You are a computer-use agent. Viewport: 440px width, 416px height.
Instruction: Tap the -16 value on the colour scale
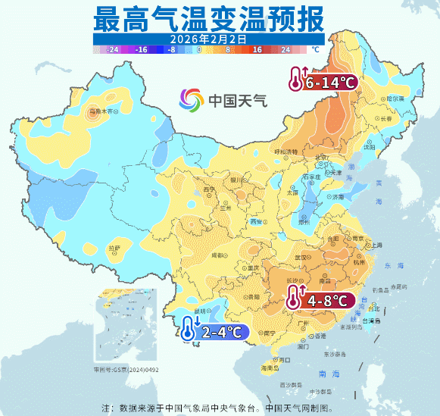point(140,48)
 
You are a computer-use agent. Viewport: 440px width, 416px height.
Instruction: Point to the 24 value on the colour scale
point(286,48)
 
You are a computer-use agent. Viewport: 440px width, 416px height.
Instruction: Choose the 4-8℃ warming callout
point(320,300)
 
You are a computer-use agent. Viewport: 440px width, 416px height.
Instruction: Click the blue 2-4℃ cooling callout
point(214,330)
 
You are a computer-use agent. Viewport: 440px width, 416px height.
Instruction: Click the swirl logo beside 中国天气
point(192,99)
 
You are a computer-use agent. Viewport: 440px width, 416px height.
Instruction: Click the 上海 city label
point(374,245)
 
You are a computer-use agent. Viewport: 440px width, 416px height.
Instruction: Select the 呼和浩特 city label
point(286,152)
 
